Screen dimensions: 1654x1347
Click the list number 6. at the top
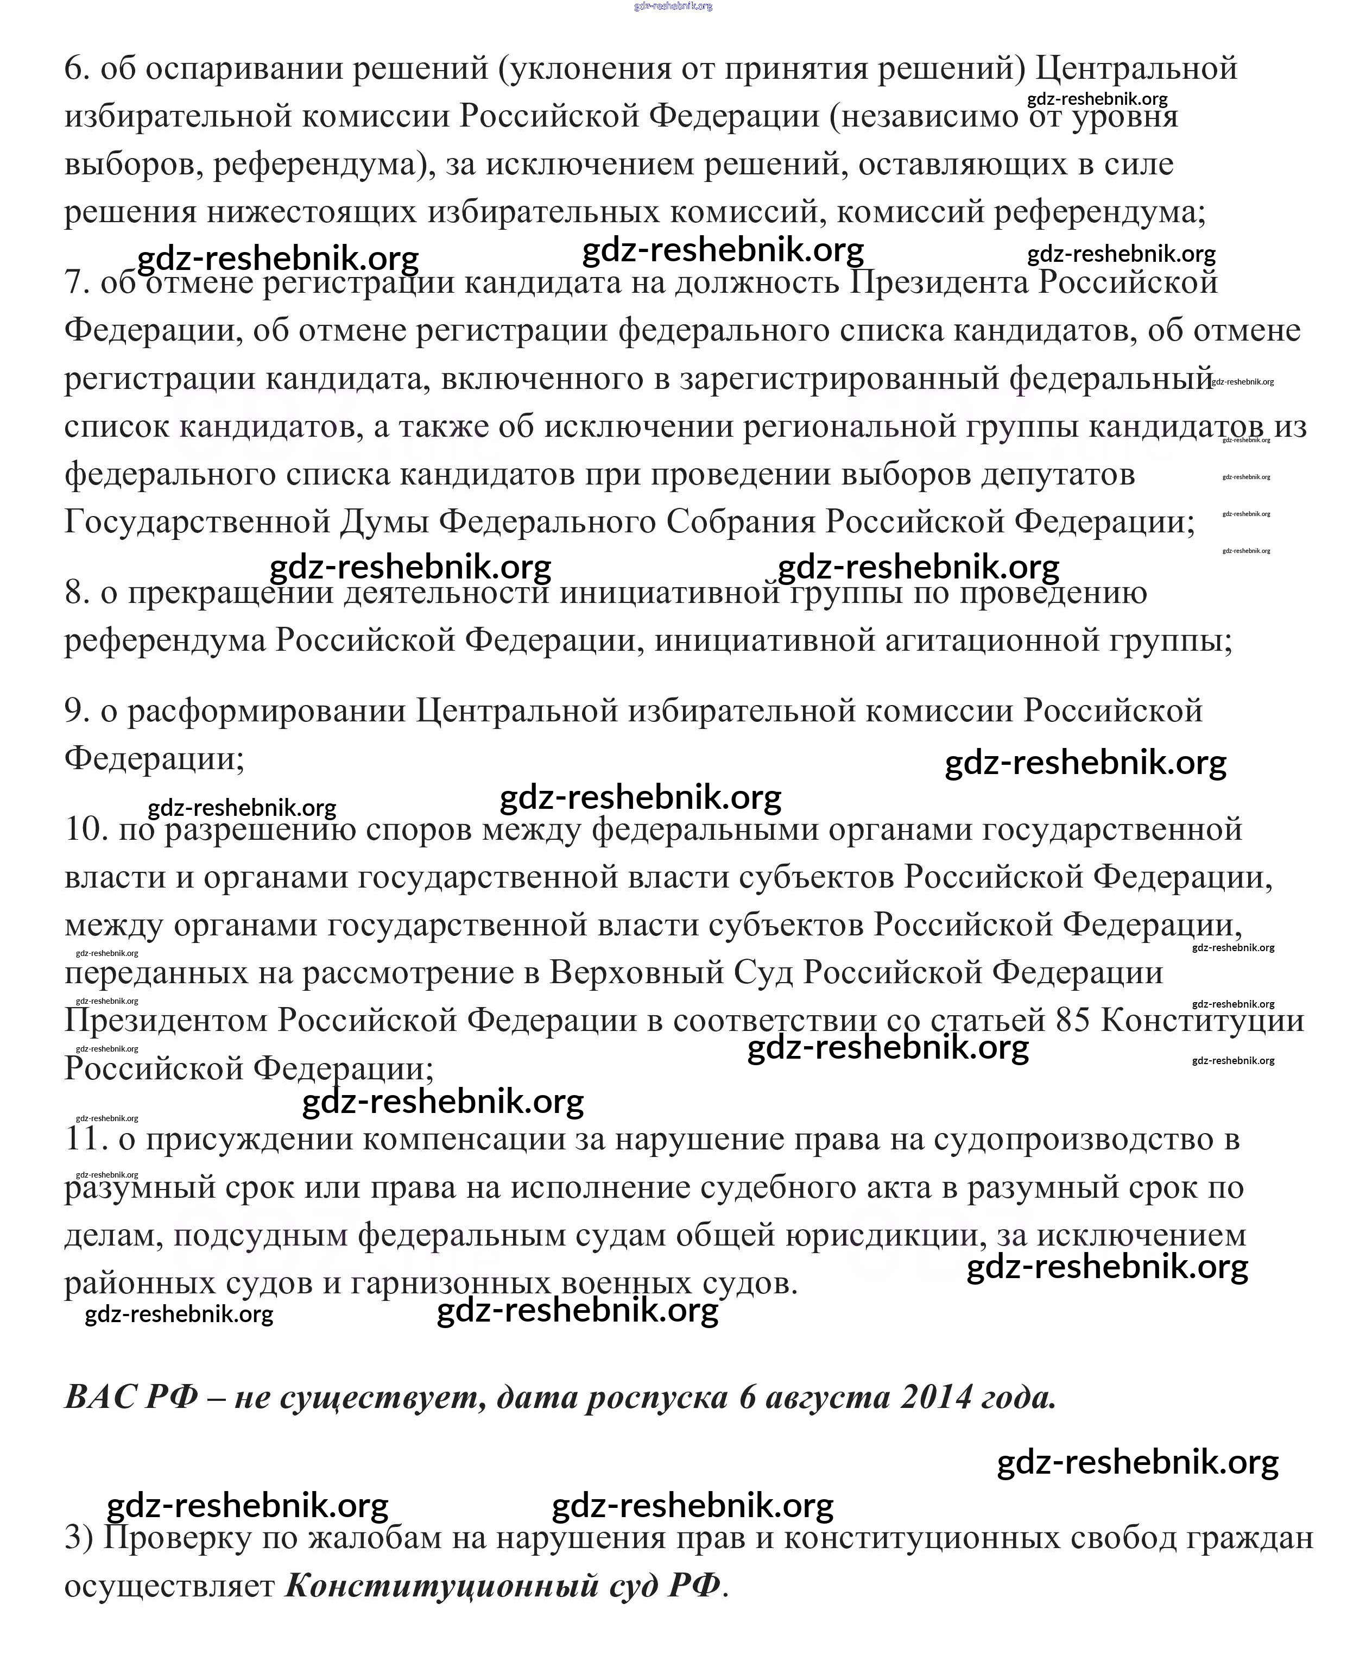click(x=78, y=69)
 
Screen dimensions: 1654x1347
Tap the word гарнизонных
click(x=450, y=1283)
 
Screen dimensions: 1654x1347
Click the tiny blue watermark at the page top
click(x=673, y=6)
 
